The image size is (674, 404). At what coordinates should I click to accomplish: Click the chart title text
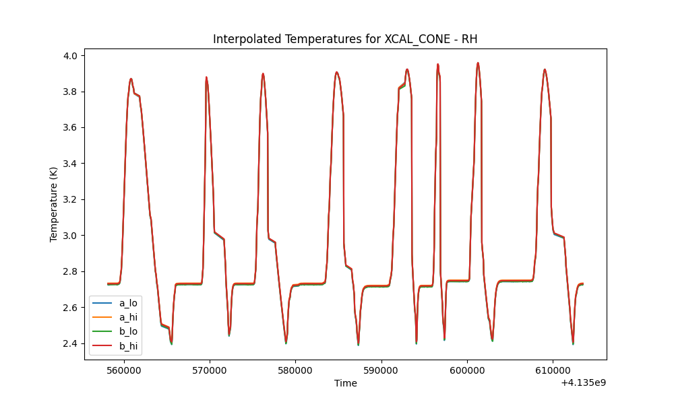[x=345, y=39]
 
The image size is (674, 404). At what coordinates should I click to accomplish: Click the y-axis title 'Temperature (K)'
[x=53, y=205]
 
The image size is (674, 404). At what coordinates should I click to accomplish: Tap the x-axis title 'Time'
[x=346, y=383]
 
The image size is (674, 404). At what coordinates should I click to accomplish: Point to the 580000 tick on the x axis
[x=296, y=370]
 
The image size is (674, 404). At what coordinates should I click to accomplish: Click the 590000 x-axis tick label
[x=381, y=370]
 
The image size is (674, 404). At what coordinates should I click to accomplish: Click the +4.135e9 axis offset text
[x=584, y=382]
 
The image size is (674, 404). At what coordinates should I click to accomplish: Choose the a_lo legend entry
[x=115, y=303]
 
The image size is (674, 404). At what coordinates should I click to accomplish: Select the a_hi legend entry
[x=115, y=317]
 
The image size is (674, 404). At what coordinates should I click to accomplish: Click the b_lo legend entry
[x=115, y=331]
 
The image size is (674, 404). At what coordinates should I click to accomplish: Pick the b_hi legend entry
[x=115, y=345]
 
